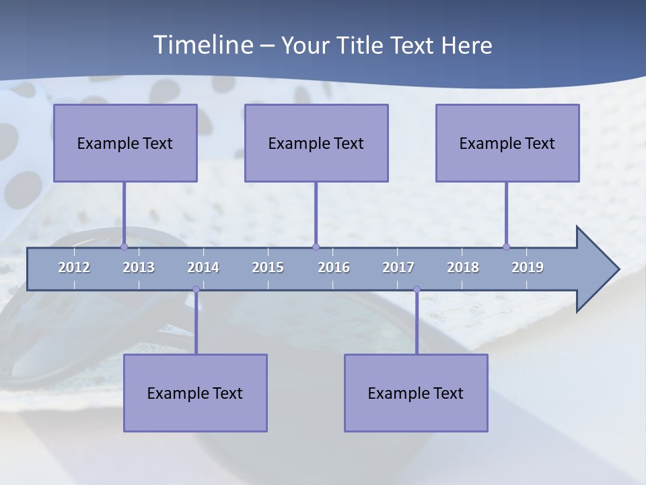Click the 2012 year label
coord(74,267)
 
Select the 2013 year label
coord(139,267)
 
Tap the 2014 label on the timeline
coord(203,267)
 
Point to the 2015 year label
coord(268,267)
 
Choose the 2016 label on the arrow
coord(334,267)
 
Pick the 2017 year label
coord(398,267)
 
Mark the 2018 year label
coord(463,267)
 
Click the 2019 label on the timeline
coord(528,267)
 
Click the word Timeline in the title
coord(203,45)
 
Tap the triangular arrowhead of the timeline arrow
coord(596,269)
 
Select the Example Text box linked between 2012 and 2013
coord(125,143)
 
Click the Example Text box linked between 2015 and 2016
coord(316,143)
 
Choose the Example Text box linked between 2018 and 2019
coord(507,143)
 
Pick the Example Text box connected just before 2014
coord(195,393)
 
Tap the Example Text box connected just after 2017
coord(416,393)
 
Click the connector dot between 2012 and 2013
coord(124,247)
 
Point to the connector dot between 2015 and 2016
coord(316,247)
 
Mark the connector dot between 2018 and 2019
coord(507,247)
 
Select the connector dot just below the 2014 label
coord(196,290)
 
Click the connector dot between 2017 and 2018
coord(417,290)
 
